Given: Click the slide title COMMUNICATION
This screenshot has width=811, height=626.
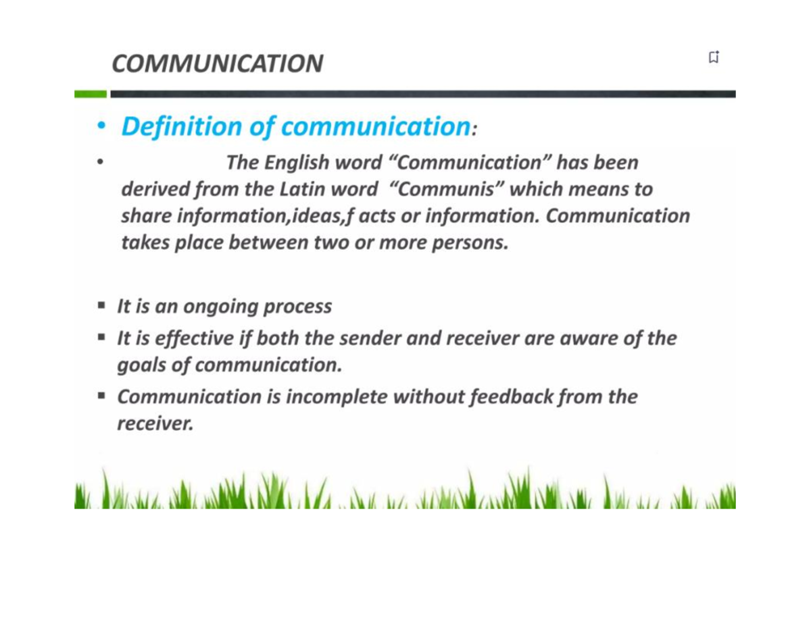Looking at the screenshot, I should pyautogui.click(x=217, y=63).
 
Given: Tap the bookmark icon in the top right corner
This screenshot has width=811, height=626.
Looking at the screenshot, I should pyautogui.click(x=714, y=57).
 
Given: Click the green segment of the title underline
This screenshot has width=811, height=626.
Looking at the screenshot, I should pyautogui.click(x=91, y=94).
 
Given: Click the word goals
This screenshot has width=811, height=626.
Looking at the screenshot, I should pyautogui.click(x=141, y=365).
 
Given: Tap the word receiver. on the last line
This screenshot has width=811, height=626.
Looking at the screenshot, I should pyautogui.click(x=155, y=423).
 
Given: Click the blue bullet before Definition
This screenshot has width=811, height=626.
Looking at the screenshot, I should pyautogui.click(x=100, y=126).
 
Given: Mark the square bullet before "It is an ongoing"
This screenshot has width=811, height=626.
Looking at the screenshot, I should pyautogui.click(x=101, y=306).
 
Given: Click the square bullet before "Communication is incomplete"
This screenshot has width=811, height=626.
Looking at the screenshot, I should pyautogui.click(x=101, y=396).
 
